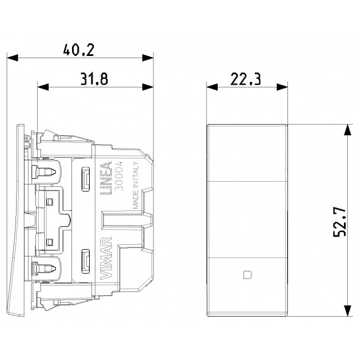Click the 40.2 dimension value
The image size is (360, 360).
pos(79,50)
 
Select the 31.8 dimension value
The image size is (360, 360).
pos(94,79)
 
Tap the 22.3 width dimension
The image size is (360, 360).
pos(246,79)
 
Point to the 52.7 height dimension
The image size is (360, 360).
pos(340,222)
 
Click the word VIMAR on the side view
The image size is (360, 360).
pos(106,258)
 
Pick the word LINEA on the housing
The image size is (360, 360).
pos(106,179)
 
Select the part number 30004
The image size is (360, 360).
pos(119,176)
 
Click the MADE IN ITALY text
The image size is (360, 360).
pos(136,186)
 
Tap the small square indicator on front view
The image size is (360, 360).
pos(247,275)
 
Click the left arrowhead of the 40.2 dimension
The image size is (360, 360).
pos(12,58)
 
